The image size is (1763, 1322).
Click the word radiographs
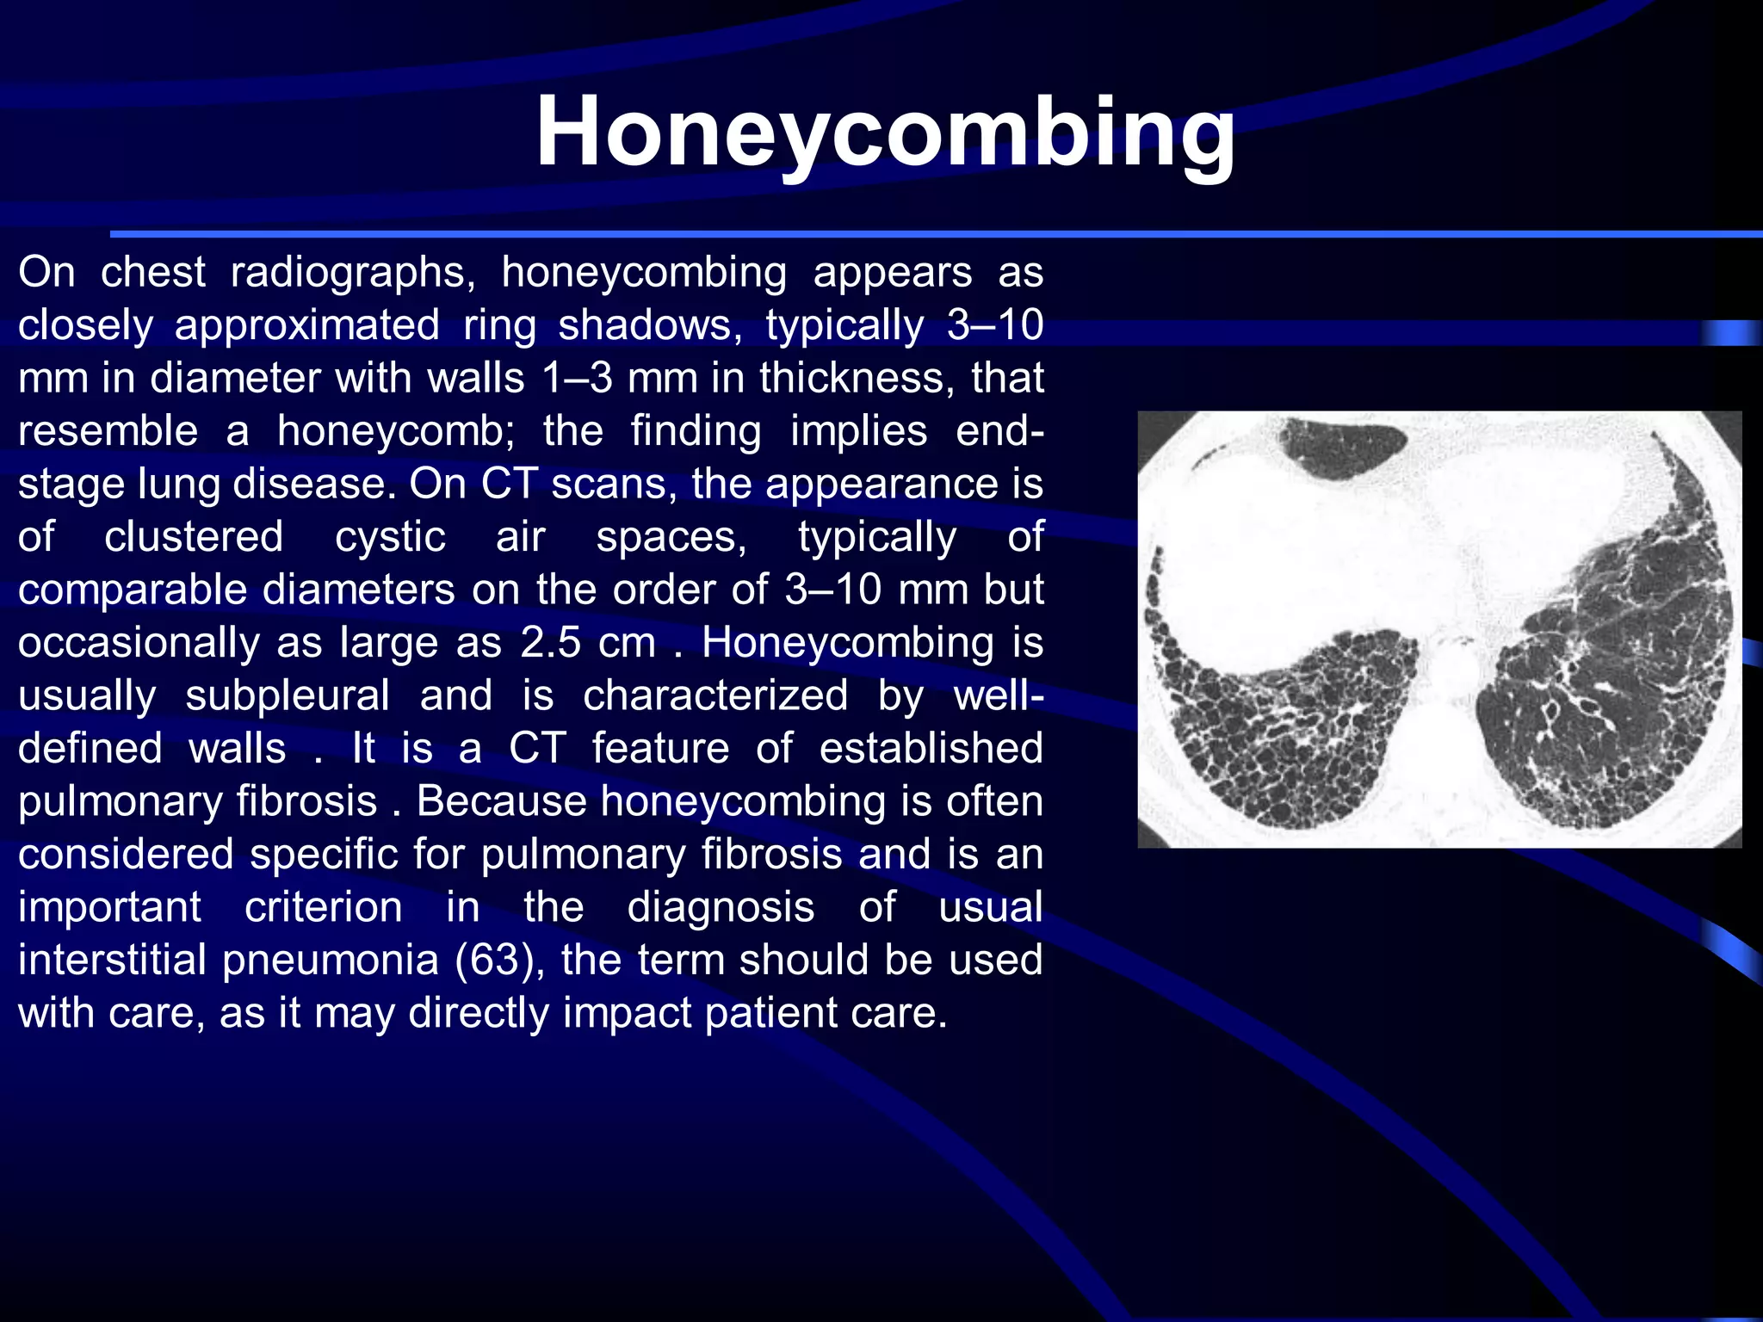(x=353, y=274)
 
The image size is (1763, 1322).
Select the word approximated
(x=306, y=326)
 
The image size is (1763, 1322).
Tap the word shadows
(x=650, y=326)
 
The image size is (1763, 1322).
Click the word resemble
(x=108, y=431)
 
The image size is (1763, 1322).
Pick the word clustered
(x=194, y=537)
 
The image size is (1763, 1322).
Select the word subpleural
(x=288, y=696)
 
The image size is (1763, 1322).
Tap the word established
(x=931, y=749)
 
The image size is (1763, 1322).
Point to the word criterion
(x=323, y=908)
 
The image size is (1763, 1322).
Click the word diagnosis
(x=721, y=908)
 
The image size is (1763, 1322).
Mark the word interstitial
(x=112, y=961)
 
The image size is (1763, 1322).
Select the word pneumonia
(x=331, y=961)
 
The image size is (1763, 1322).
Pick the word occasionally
(x=139, y=643)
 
